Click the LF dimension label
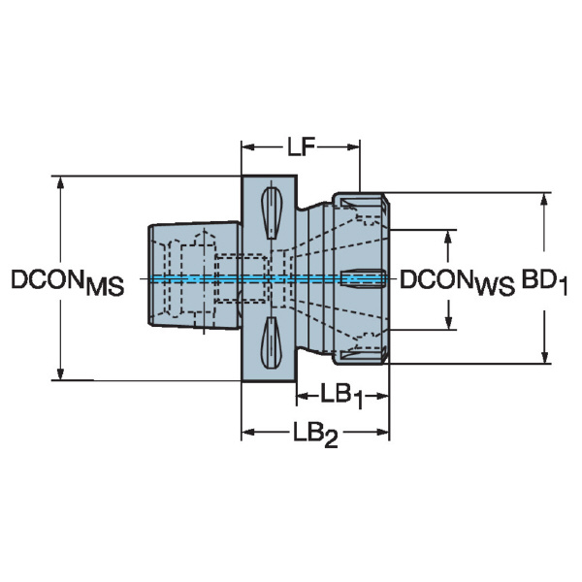click(x=301, y=146)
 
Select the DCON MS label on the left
click(x=67, y=282)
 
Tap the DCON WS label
click(x=457, y=282)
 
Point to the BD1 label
click(x=545, y=281)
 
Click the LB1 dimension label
click(x=341, y=397)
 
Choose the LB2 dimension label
click(x=315, y=435)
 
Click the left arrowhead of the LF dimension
click(x=248, y=147)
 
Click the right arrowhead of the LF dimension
click(x=353, y=147)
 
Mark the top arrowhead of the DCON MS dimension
click(x=60, y=182)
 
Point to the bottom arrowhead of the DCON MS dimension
click(x=60, y=373)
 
